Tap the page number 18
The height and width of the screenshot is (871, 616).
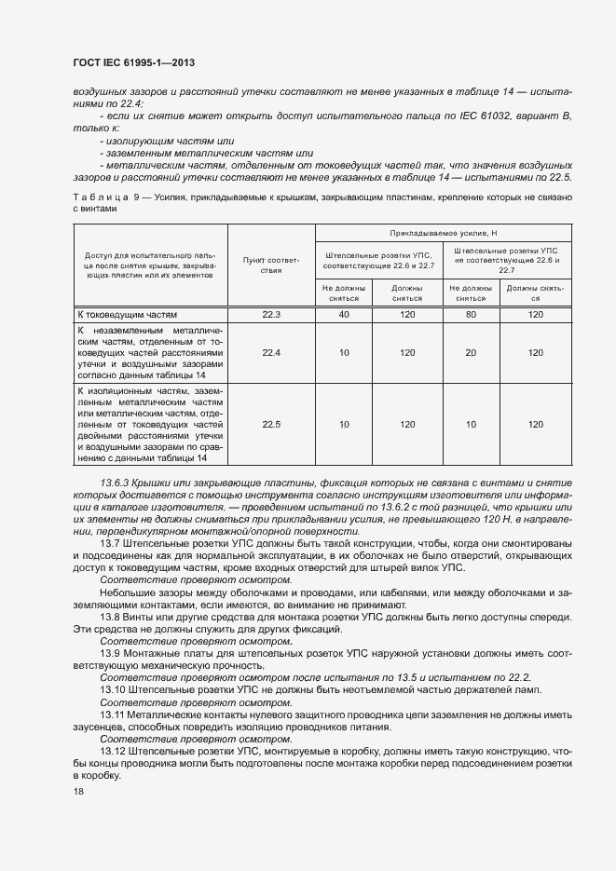click(77, 791)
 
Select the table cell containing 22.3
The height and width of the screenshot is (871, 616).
click(271, 315)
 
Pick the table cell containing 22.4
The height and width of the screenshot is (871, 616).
click(271, 353)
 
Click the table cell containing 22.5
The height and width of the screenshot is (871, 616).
click(271, 425)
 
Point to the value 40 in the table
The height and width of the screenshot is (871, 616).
click(344, 315)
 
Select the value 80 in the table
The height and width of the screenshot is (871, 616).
click(471, 315)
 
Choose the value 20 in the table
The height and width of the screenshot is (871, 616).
click(471, 353)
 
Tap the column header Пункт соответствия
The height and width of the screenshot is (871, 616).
click(271, 265)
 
